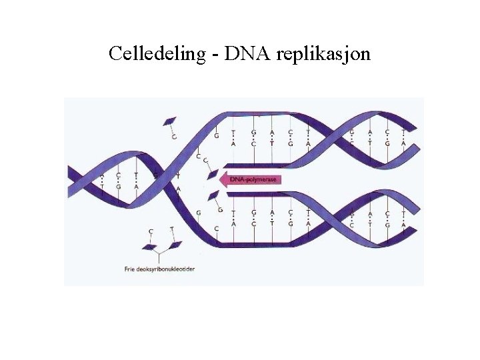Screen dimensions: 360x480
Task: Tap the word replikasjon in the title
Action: pyautogui.click(x=323, y=54)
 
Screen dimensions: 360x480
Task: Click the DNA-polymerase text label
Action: pyautogui.click(x=253, y=179)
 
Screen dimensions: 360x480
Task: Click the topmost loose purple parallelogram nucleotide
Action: pyautogui.click(x=170, y=121)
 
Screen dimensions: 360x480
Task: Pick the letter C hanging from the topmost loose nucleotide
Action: pyautogui.click(x=174, y=137)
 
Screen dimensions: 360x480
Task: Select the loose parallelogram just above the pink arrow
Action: pyautogui.click(x=213, y=175)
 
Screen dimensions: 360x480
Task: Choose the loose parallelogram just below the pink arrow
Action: pyautogui.click(x=213, y=195)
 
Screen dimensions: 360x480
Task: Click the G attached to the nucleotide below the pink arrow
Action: pyautogui.click(x=221, y=210)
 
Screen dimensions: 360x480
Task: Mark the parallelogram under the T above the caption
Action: pyautogui.click(x=175, y=245)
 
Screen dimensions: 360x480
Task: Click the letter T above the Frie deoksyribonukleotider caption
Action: pyautogui.click(x=172, y=229)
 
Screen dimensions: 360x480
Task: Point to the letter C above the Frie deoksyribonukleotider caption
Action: pyautogui.click(x=151, y=232)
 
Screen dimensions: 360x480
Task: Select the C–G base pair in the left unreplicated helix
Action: pyautogui.click(x=118, y=181)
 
